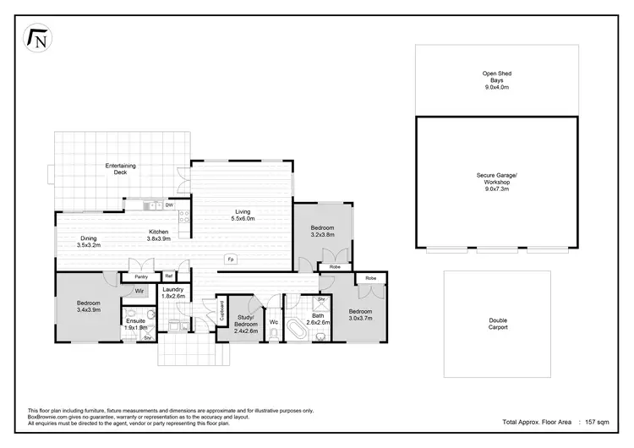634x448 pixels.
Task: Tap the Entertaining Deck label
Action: [x=120, y=168]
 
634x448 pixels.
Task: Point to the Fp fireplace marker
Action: [x=230, y=259]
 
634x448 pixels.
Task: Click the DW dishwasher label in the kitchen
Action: [x=169, y=205]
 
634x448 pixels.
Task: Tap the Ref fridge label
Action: [x=169, y=276]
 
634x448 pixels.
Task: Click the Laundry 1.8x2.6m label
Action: [x=173, y=292]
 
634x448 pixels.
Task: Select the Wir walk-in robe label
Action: [x=139, y=291]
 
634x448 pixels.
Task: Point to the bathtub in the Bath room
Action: [x=297, y=329]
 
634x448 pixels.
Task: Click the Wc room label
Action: [x=274, y=322]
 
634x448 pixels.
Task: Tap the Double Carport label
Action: [x=498, y=324]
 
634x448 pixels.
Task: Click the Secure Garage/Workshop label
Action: [x=495, y=182]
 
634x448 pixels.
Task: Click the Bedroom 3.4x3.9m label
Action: [x=89, y=306]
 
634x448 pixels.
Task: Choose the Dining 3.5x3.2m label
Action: [x=89, y=241]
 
